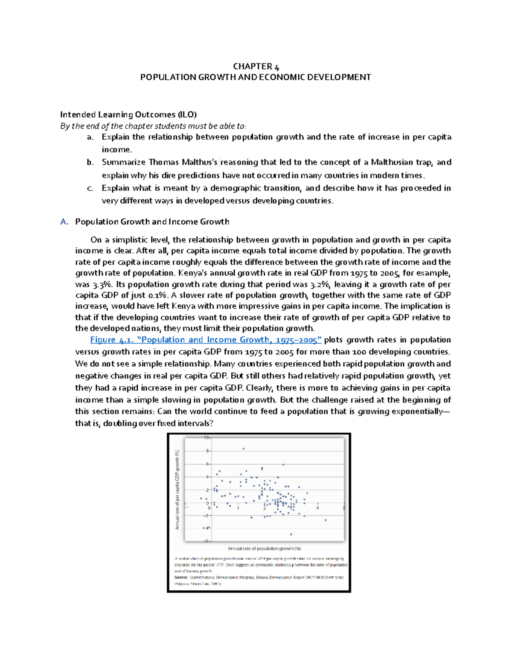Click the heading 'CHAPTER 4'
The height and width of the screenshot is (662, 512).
point(256,66)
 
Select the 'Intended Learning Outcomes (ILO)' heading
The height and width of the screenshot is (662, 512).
point(128,114)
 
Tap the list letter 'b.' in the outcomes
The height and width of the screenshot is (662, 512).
point(90,162)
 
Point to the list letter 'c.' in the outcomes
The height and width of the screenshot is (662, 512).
point(90,188)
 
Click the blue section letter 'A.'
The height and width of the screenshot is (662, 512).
point(64,222)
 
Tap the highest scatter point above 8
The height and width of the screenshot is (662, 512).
point(244,448)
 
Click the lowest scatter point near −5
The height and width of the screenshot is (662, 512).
point(291,534)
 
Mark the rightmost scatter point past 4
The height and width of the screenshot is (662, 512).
point(326,520)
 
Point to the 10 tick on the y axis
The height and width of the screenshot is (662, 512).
point(205,437)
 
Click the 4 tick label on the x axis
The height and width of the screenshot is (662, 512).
point(317,508)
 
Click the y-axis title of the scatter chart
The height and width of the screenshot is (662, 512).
point(177,489)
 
